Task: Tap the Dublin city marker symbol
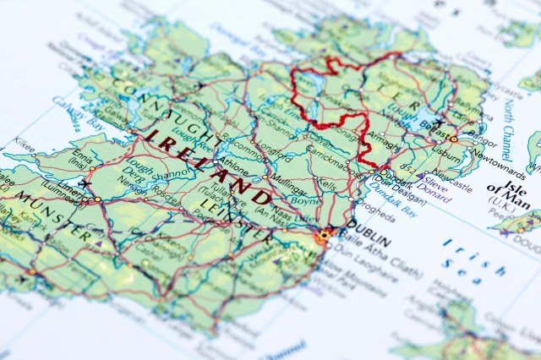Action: pyautogui.click(x=322, y=237)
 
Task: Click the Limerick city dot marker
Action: pyautogui.click(x=98, y=199)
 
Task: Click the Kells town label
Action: pyautogui.click(x=325, y=183)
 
